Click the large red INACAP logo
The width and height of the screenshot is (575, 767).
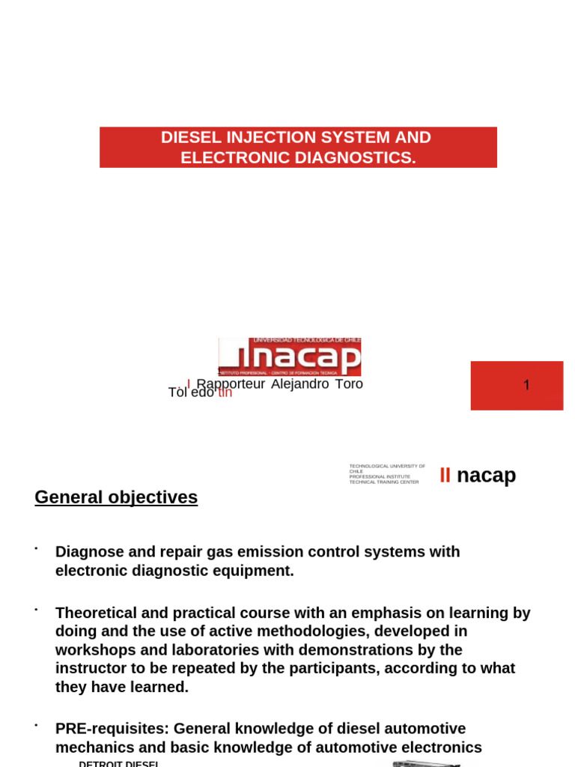[x=290, y=357]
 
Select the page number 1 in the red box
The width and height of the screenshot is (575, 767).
[x=526, y=385]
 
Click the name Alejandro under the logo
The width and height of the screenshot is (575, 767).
[x=299, y=384]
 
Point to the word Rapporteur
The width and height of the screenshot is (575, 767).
[x=231, y=384]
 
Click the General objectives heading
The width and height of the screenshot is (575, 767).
[x=116, y=497]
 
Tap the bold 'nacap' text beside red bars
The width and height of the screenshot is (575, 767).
[x=486, y=475]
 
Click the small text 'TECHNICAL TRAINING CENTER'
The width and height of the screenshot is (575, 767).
[x=383, y=482]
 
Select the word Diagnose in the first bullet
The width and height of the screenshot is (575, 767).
[x=89, y=552]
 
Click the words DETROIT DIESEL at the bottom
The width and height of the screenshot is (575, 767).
[x=118, y=763]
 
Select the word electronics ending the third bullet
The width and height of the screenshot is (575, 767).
[x=441, y=748]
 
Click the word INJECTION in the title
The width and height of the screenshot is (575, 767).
[x=273, y=138]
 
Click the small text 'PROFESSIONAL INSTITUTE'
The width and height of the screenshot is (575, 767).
[x=380, y=477]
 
